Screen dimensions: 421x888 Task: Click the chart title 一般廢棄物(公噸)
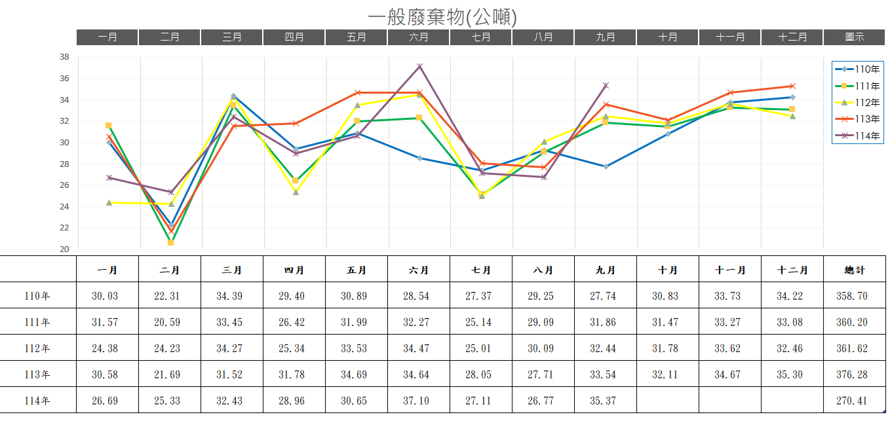pos(443,16)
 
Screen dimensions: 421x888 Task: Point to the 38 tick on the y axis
pos(64,57)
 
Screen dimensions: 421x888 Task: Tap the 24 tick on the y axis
pos(64,207)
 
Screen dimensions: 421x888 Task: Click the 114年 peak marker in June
pos(419,67)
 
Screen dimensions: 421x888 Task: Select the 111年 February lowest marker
pos(171,242)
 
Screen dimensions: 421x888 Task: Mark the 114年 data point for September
pos(606,85)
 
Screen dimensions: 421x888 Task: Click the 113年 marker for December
pos(792,86)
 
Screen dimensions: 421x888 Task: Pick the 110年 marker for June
pos(419,158)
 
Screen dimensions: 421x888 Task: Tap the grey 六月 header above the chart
pos(419,37)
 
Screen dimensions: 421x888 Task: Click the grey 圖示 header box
pos(855,37)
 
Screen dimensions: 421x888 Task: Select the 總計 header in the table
pos(855,270)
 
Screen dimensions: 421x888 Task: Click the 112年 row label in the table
pos(37,348)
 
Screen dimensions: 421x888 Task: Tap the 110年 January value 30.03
pos(105,296)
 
